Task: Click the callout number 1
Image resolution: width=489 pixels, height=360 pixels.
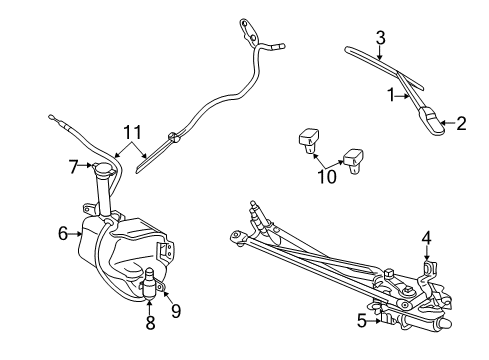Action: tap(391, 96)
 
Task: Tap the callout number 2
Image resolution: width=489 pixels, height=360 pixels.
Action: tap(461, 124)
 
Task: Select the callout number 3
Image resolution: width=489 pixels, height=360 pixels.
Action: tap(380, 38)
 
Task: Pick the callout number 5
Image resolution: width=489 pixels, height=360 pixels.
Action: tap(361, 321)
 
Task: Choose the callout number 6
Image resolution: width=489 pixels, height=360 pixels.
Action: tap(62, 233)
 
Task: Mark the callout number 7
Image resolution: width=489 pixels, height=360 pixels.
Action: tap(74, 166)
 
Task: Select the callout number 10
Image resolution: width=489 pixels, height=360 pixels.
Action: tap(328, 178)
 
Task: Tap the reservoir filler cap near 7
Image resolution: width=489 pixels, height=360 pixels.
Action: tap(100, 171)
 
